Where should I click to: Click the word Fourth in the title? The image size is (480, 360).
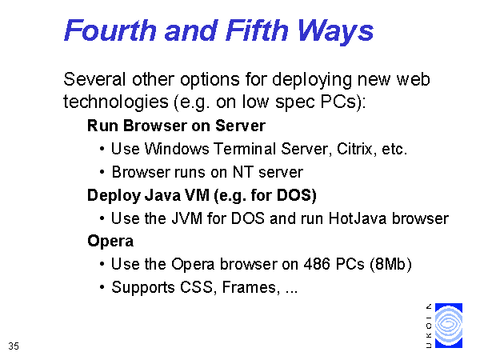pyautogui.click(x=110, y=30)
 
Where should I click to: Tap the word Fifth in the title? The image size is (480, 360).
pyautogui.click(x=257, y=30)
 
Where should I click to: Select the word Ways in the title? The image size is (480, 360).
pyautogui.click(x=335, y=32)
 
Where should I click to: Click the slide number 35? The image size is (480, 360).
pyautogui.click(x=14, y=346)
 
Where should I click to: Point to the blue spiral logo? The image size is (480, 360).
pyautogui.click(x=449, y=326)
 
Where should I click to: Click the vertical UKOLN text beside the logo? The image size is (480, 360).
pyautogui.click(x=429, y=326)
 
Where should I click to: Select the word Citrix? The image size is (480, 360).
pyautogui.click(x=354, y=149)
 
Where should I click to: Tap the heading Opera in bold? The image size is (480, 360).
pyautogui.click(x=110, y=242)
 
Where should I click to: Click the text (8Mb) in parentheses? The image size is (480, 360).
pyautogui.click(x=390, y=264)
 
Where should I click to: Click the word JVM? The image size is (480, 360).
pyautogui.click(x=186, y=218)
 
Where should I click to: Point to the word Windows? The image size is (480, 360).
pyautogui.click(x=177, y=149)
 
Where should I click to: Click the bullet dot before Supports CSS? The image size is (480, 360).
pyautogui.click(x=102, y=287)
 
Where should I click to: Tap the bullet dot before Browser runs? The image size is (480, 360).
pyautogui.click(x=102, y=172)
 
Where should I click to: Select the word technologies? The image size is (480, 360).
pyautogui.click(x=116, y=102)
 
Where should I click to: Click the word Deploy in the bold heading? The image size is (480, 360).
pyautogui.click(x=114, y=196)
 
